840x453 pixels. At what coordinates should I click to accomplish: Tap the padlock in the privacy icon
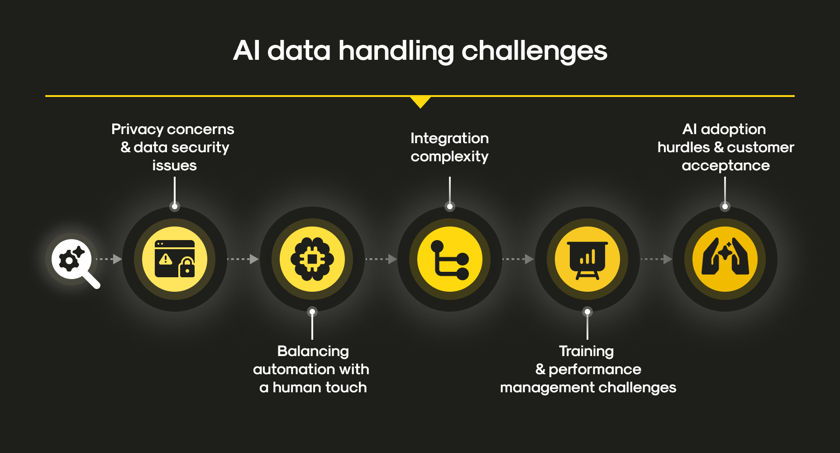[187, 267]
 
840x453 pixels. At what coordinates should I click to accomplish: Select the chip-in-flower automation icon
[312, 259]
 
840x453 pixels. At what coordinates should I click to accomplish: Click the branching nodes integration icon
[449, 260]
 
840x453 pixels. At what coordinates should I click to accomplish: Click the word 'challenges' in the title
[534, 51]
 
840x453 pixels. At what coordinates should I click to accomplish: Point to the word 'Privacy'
[138, 130]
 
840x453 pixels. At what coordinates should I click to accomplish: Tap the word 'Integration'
[449, 138]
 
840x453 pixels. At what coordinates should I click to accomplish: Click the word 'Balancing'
[313, 352]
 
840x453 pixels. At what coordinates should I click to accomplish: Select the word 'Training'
[587, 352]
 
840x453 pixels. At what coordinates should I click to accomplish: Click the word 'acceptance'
[725, 166]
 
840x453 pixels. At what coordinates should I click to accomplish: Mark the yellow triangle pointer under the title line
[420, 102]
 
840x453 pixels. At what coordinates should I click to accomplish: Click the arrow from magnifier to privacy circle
[109, 259]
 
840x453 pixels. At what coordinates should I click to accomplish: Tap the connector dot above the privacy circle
[175, 207]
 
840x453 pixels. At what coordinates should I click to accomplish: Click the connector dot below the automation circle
[312, 312]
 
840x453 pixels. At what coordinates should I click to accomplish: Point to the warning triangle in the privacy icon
[166, 259]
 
